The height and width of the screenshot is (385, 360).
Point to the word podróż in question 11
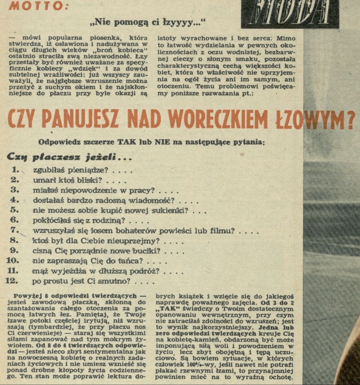[145, 271]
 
